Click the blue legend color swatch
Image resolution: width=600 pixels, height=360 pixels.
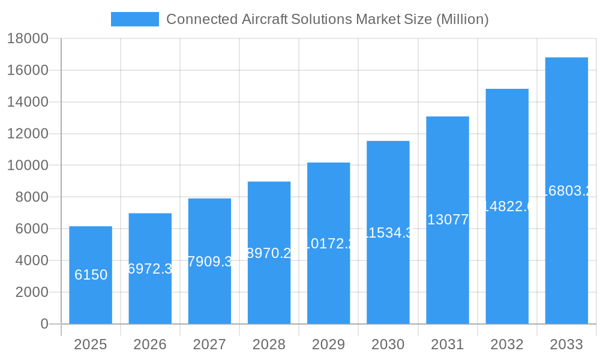135,19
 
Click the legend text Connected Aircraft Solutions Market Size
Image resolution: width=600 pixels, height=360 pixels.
327,19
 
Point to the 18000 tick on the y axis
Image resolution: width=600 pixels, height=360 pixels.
28,38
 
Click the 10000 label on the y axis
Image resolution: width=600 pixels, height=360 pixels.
28,166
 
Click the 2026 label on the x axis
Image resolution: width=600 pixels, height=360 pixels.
150,344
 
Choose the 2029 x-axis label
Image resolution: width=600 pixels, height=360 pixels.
328,344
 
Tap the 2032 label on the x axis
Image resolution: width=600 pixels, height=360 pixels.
507,344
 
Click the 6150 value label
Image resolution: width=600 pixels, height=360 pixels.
91,275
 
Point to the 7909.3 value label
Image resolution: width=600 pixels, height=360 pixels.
209,262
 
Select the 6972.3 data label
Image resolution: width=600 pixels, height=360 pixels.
150,269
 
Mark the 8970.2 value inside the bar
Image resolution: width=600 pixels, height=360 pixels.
269,253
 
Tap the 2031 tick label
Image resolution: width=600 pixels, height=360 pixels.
448,344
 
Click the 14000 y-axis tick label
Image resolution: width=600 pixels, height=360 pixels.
28,102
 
